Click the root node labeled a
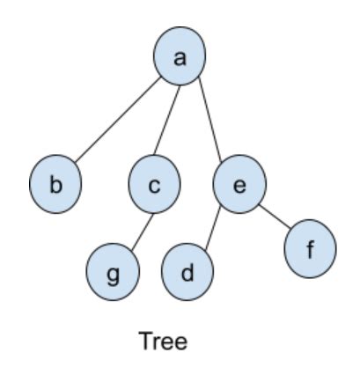pyautogui.click(x=180, y=56)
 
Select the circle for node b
pyautogui.click(x=55, y=184)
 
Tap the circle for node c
pyautogui.click(x=154, y=184)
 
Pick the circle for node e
pyautogui.click(x=239, y=184)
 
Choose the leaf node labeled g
pyautogui.click(x=113, y=272)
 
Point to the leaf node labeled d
pyautogui.click(x=187, y=272)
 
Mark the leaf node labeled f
pyautogui.click(x=310, y=248)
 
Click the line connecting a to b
pyautogui.click(x=118, y=120)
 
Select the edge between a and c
pyautogui.click(x=166, y=120)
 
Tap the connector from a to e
pyautogui.click(x=210, y=120)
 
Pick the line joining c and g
pyautogui.click(x=143, y=232)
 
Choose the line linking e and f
pyautogui.click(x=276, y=217)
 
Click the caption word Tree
pyautogui.click(x=163, y=341)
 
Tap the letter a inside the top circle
pyautogui.click(x=180, y=58)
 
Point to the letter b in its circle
pyautogui.click(x=55, y=184)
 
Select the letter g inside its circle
pyautogui.click(x=113, y=275)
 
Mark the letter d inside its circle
pyautogui.click(x=187, y=272)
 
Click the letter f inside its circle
pyautogui.click(x=310, y=249)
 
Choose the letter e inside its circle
pyautogui.click(x=239, y=186)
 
